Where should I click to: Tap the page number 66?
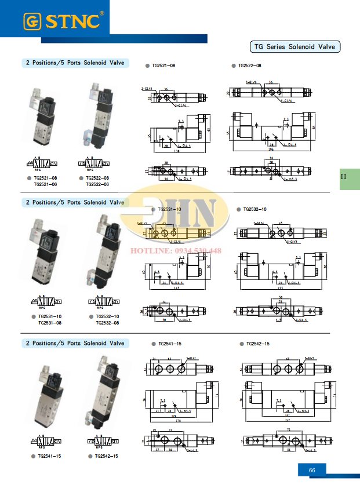(x=312, y=470)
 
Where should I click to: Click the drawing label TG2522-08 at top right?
(x=249, y=66)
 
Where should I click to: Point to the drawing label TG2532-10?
(x=255, y=209)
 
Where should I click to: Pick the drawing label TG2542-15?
(x=258, y=344)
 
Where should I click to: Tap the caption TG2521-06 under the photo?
(x=45, y=184)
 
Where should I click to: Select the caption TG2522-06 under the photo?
(x=97, y=184)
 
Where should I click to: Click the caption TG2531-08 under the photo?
(x=50, y=323)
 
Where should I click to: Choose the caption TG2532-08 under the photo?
(x=107, y=323)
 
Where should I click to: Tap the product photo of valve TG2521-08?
(x=41, y=118)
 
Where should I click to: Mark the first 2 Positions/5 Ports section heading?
(x=75, y=63)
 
